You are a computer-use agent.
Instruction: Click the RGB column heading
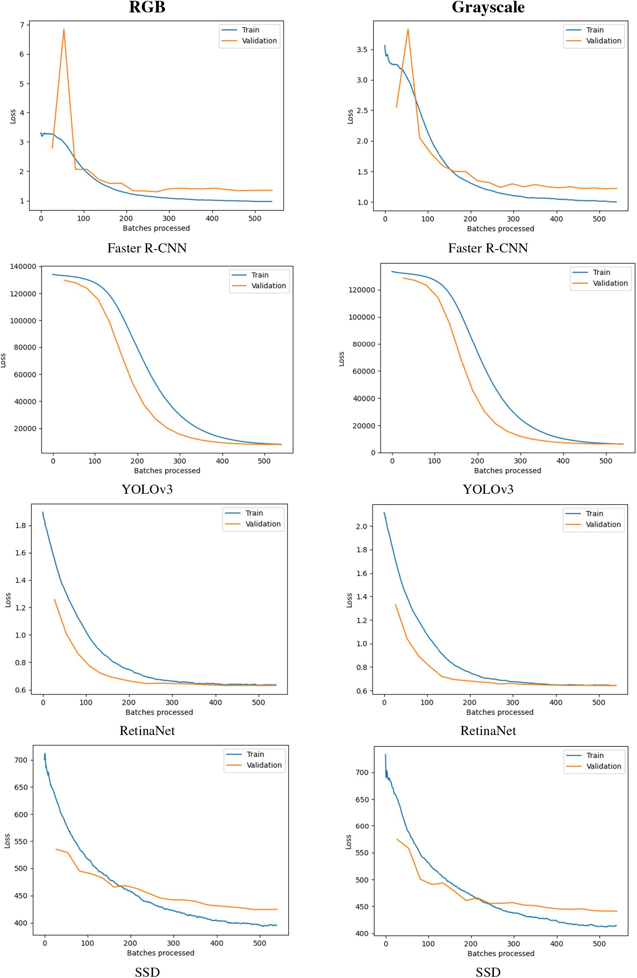pyautogui.click(x=147, y=7)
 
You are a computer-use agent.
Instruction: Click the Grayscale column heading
pyautogui.click(x=488, y=7)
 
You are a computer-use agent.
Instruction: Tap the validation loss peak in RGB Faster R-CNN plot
pyautogui.click(x=64, y=29)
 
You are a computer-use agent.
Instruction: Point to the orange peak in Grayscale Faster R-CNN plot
pyautogui.click(x=408, y=29)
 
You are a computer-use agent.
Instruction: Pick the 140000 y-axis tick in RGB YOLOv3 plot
pyautogui.click(x=23, y=267)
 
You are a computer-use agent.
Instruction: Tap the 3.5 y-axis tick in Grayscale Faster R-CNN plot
pyautogui.click(x=362, y=50)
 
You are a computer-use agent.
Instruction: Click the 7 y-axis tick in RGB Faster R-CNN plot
pyautogui.click(x=22, y=25)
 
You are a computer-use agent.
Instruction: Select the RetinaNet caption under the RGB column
pyautogui.click(x=147, y=730)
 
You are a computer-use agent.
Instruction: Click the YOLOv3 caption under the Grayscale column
pyautogui.click(x=488, y=489)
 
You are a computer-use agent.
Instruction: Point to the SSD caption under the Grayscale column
pyautogui.click(x=488, y=972)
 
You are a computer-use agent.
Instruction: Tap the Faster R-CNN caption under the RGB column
pyautogui.click(x=147, y=248)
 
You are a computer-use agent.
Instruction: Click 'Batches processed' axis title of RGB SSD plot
pyautogui.click(x=160, y=953)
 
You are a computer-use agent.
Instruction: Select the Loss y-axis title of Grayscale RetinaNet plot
pyautogui.click(x=350, y=600)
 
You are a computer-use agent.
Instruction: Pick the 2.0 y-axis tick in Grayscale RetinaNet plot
pyautogui.click(x=362, y=526)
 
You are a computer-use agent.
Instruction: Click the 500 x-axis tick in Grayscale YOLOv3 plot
pyautogui.click(x=606, y=461)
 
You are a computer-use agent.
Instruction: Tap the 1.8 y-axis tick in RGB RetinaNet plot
pyautogui.click(x=21, y=526)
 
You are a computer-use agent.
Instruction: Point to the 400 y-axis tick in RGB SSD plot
pyautogui.click(x=21, y=923)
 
